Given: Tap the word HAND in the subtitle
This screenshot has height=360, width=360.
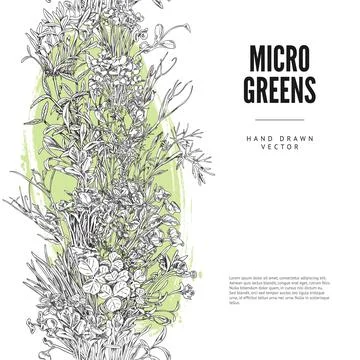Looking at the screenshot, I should (257, 136).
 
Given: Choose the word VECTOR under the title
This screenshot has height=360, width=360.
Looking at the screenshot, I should (279, 147).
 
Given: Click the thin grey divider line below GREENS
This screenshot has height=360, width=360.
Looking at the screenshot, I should (279, 120).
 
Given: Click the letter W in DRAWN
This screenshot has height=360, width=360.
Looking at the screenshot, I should (296, 136).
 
